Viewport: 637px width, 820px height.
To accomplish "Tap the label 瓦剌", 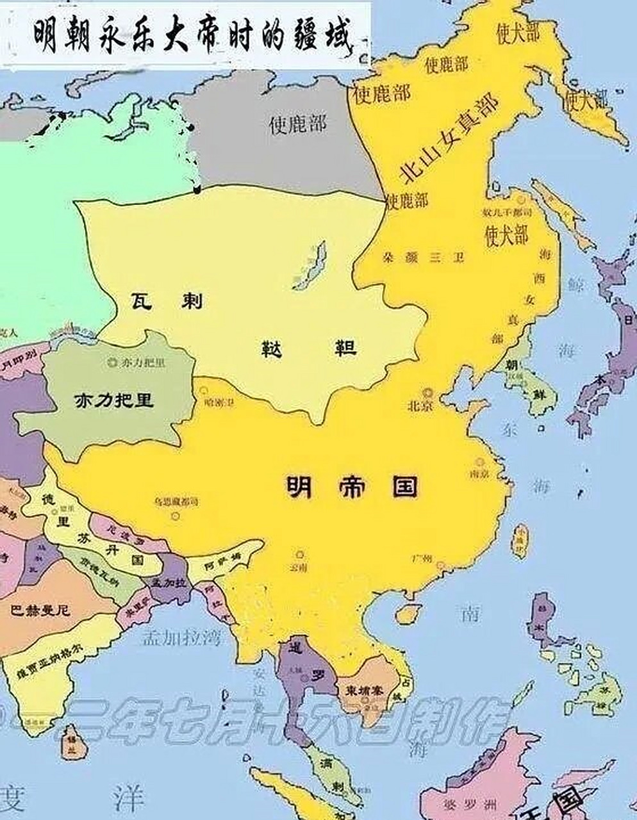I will click(166, 300).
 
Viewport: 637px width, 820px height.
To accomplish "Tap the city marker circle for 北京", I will click(426, 392).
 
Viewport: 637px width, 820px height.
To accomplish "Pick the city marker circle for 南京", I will click(479, 461).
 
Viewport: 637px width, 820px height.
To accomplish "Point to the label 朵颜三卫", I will click(424, 258).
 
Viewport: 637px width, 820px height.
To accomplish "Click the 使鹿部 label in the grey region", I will click(298, 123).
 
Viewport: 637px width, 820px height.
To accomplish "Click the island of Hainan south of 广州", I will click(405, 615).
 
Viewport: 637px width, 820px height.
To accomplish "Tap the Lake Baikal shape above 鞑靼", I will click(311, 266).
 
